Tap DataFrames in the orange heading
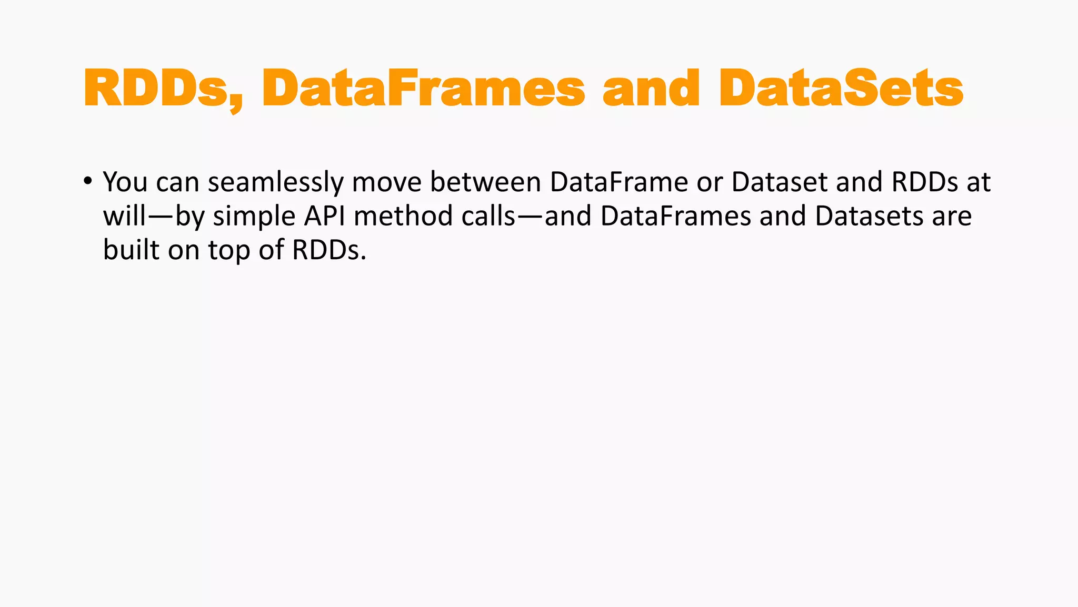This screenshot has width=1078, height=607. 423,89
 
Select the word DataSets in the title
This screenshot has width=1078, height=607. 841,89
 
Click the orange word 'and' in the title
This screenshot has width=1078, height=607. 651,89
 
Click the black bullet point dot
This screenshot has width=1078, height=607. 87,181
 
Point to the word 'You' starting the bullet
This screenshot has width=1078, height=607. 125,182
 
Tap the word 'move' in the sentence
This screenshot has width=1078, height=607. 387,182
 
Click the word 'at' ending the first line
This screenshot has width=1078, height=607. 979,182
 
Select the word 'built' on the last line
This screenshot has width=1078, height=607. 131,250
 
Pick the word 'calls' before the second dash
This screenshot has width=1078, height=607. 488,216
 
